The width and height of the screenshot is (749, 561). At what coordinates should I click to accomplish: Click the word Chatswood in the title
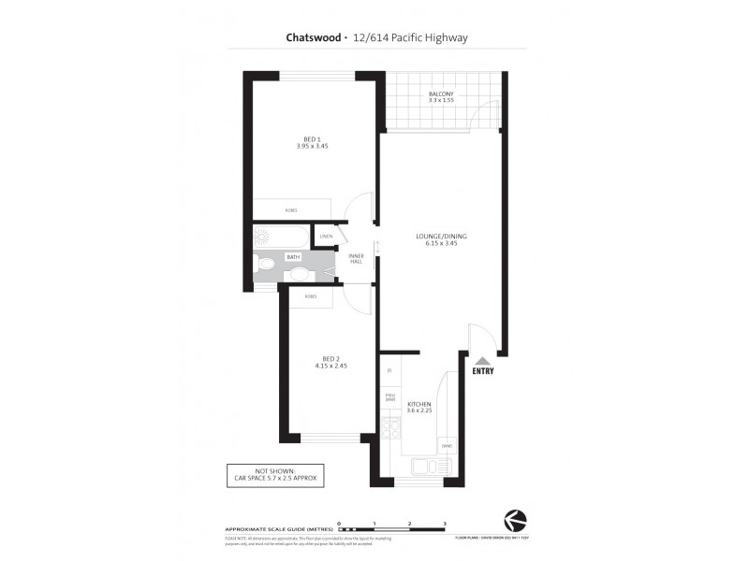click(313, 38)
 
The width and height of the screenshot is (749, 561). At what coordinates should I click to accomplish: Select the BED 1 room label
click(312, 142)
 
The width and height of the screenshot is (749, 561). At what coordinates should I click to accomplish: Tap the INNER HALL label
click(356, 258)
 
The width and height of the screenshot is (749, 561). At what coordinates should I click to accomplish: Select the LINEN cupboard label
click(326, 237)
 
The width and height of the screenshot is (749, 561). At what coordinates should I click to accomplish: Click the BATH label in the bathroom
click(293, 256)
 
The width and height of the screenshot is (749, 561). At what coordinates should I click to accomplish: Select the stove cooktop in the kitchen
click(390, 431)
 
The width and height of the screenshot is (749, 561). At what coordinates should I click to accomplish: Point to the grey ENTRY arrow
click(482, 360)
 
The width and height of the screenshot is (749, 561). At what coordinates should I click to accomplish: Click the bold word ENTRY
click(482, 372)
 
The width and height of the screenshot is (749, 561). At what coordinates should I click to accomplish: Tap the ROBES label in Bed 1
click(291, 209)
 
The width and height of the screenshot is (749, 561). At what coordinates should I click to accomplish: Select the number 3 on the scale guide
click(444, 525)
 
